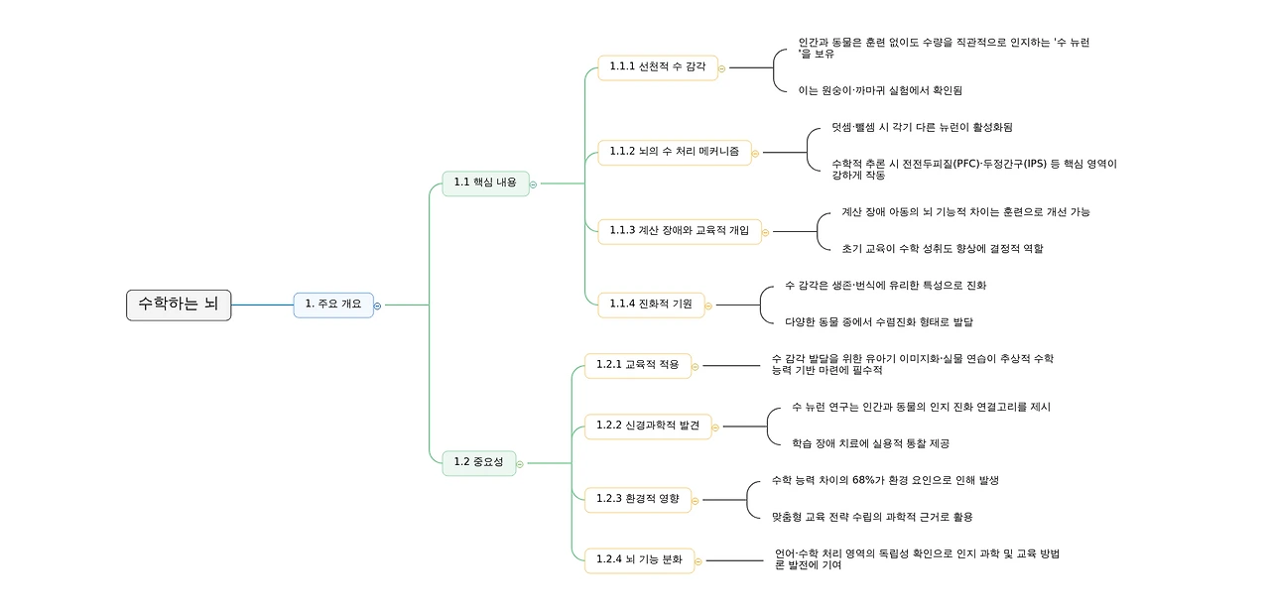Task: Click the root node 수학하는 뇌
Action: pyautogui.click(x=179, y=305)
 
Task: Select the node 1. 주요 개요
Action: pyautogui.click(x=333, y=305)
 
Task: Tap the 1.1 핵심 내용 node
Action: pyautogui.click(x=485, y=183)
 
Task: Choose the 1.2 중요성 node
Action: pyautogui.click(x=478, y=462)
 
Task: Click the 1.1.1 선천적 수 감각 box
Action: pyautogui.click(x=657, y=67)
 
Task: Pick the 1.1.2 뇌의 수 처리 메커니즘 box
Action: pyautogui.click(x=674, y=152)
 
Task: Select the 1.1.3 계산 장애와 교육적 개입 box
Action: pyautogui.click(x=680, y=231)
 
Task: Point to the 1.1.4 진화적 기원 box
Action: pyautogui.click(x=650, y=305)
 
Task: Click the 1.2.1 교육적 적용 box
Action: pyautogui.click(x=637, y=365)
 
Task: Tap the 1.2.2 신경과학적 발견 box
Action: pyautogui.click(x=647, y=427)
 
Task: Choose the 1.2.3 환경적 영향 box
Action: pyautogui.click(x=637, y=499)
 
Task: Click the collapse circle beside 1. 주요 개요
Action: pyautogui.click(x=377, y=305)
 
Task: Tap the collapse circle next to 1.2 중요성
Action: pyautogui.click(x=520, y=463)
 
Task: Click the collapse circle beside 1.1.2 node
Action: pyautogui.click(x=755, y=153)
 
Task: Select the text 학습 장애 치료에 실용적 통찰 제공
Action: pyautogui.click(x=870, y=443)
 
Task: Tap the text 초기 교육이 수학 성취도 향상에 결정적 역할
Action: pyautogui.click(x=935, y=249)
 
